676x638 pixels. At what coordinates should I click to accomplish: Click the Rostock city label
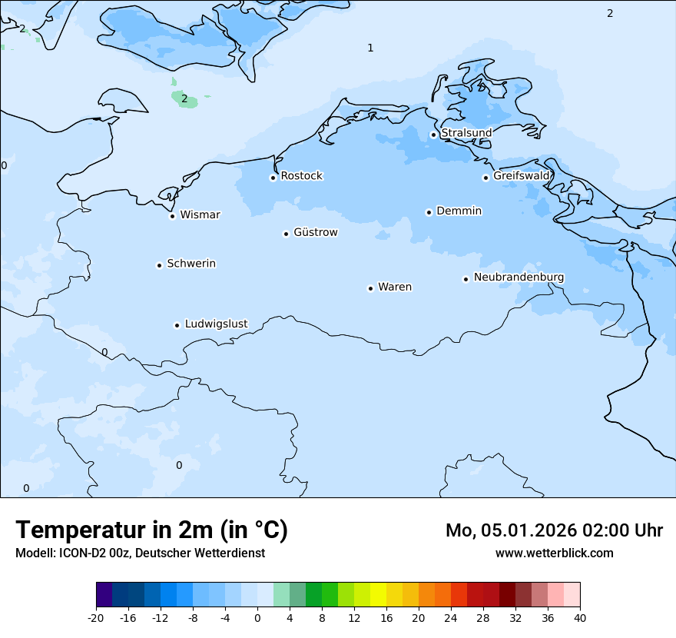[301, 176]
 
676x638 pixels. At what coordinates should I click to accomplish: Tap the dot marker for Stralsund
[433, 135]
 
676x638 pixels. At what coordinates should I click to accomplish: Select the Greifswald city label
[521, 176]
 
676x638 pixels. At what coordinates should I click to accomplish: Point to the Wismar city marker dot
[172, 216]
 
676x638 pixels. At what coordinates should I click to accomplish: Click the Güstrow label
[315, 232]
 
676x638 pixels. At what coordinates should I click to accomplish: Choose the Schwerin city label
[191, 264]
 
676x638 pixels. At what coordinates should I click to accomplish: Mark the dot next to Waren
[370, 288]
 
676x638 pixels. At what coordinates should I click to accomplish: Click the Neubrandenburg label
[519, 277]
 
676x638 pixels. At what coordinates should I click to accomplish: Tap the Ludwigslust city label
[216, 324]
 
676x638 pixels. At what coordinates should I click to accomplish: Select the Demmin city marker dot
[429, 212]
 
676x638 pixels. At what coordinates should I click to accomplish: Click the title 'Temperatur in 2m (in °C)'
[151, 530]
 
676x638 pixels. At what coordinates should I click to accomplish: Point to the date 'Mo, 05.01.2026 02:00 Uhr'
[554, 530]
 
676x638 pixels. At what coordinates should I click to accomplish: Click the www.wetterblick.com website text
[554, 553]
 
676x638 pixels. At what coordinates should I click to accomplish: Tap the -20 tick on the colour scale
[96, 617]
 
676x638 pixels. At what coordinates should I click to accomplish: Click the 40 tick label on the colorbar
[579, 617]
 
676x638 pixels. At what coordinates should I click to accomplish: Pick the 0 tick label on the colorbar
[257, 617]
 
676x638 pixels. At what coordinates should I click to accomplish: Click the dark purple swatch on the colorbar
[104, 595]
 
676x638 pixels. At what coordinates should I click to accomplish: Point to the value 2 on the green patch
[184, 98]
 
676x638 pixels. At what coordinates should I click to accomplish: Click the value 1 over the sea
[370, 48]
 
